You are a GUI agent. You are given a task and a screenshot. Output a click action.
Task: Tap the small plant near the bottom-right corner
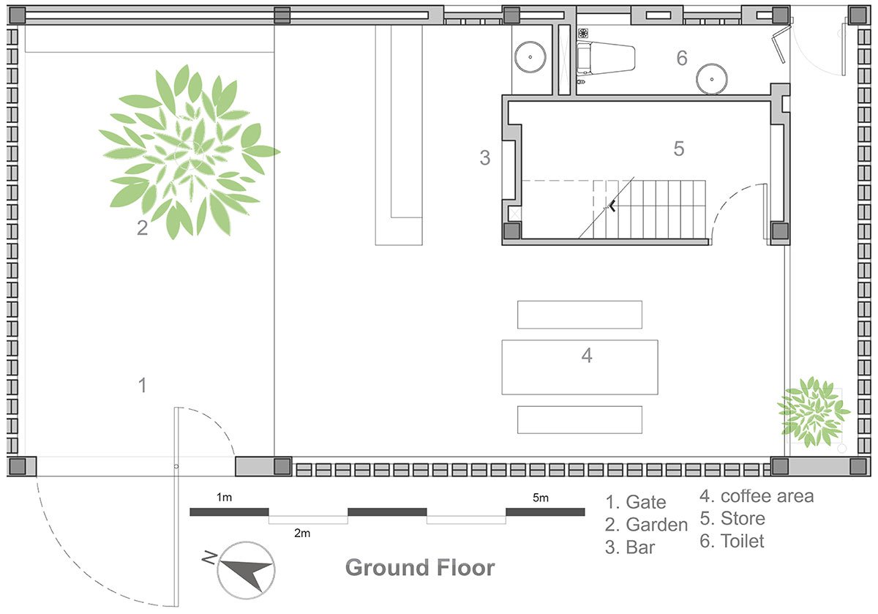pyautogui.click(x=813, y=411)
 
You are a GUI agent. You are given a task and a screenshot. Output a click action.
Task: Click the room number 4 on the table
pyautogui.click(x=586, y=356)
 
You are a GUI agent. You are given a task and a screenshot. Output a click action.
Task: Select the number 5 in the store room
pyautogui.click(x=678, y=149)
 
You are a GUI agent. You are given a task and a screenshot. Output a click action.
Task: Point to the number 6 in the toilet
pyautogui.click(x=681, y=59)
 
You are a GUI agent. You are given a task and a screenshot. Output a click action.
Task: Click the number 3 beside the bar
pyautogui.click(x=484, y=157)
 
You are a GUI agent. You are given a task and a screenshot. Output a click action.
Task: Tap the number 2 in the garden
pyautogui.click(x=143, y=228)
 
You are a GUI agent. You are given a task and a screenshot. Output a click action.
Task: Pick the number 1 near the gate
pyautogui.click(x=143, y=385)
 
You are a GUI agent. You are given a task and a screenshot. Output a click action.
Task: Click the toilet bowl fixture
pyautogui.click(x=605, y=58)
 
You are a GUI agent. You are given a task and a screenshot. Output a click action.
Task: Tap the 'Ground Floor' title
pyautogui.click(x=419, y=568)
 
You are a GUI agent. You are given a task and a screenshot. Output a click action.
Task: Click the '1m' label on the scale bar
pyautogui.click(x=225, y=498)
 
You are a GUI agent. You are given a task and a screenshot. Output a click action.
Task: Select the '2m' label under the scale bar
pyautogui.click(x=302, y=533)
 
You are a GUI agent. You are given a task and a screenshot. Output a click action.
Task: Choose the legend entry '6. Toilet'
pyautogui.click(x=732, y=542)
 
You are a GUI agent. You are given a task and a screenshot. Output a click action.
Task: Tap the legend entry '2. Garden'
pyautogui.click(x=646, y=525)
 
